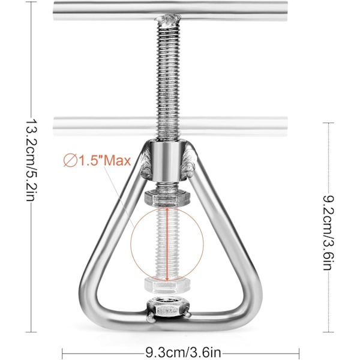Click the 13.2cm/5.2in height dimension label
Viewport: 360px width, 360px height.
click(31, 160)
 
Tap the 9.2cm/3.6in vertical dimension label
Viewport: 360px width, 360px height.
click(328, 232)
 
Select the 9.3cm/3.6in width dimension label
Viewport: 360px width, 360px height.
click(183, 352)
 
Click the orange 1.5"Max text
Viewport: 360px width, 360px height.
click(104, 161)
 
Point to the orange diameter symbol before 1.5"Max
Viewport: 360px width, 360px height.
click(70, 161)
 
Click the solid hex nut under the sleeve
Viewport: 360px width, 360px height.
click(167, 198)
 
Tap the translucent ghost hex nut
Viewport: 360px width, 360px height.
click(167, 285)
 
